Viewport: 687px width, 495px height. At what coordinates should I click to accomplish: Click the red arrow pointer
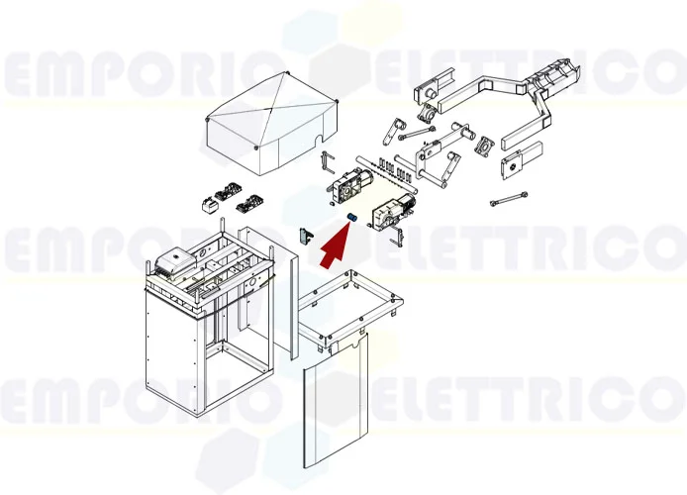click(336, 242)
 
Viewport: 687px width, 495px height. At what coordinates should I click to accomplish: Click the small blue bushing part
click(350, 217)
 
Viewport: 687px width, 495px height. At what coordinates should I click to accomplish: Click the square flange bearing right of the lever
click(484, 148)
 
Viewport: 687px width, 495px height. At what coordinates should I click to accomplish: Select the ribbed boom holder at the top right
click(553, 78)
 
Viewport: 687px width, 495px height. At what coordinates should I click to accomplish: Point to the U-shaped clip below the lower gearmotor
click(400, 237)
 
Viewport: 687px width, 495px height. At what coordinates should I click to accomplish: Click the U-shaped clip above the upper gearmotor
click(330, 160)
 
